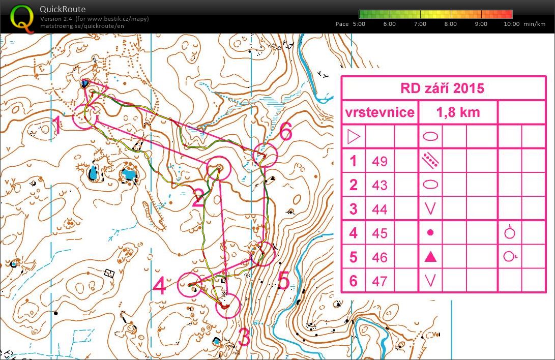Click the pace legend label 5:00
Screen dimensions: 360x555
[359, 24]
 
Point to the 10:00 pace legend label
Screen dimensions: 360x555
[511, 24]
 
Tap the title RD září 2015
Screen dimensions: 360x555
[442, 88]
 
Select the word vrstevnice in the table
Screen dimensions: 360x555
[379, 112]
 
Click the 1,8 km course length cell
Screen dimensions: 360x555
[457, 112]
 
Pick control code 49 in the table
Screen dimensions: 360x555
[379, 161]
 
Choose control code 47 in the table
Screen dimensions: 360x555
[379, 281]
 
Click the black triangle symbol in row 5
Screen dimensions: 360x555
[430, 257]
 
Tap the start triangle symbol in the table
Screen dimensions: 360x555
[353, 137]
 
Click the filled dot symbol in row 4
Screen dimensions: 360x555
[430, 233]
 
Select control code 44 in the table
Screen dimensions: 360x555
[379, 209]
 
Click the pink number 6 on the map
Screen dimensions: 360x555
[286, 132]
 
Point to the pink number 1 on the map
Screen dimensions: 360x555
[57, 126]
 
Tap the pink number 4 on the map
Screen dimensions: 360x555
[159, 286]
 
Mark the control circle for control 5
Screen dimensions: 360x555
[263, 253]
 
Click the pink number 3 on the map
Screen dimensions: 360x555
[244, 337]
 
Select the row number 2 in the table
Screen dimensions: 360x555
[353, 185]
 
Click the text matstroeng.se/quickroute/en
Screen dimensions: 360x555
[81, 25]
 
